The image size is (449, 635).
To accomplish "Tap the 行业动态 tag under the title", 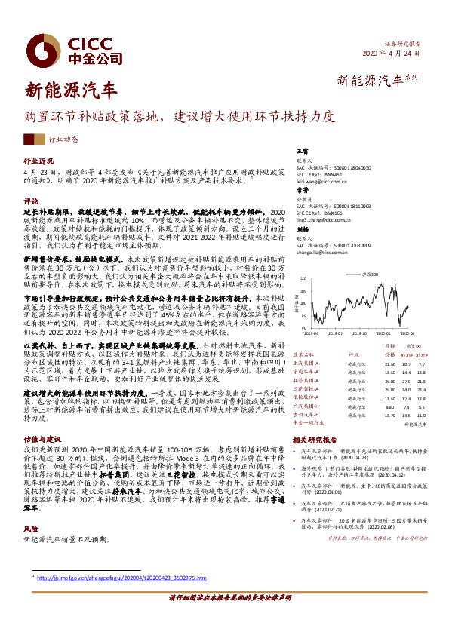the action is (x=63, y=140).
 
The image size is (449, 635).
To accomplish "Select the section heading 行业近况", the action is (x=38, y=161).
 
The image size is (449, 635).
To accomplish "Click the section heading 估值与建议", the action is (x=41, y=437).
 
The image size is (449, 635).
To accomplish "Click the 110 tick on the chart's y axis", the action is (x=303, y=278).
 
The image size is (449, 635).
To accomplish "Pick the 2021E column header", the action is (x=422, y=354).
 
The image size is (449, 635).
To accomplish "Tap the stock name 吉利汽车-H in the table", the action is (x=306, y=415).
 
